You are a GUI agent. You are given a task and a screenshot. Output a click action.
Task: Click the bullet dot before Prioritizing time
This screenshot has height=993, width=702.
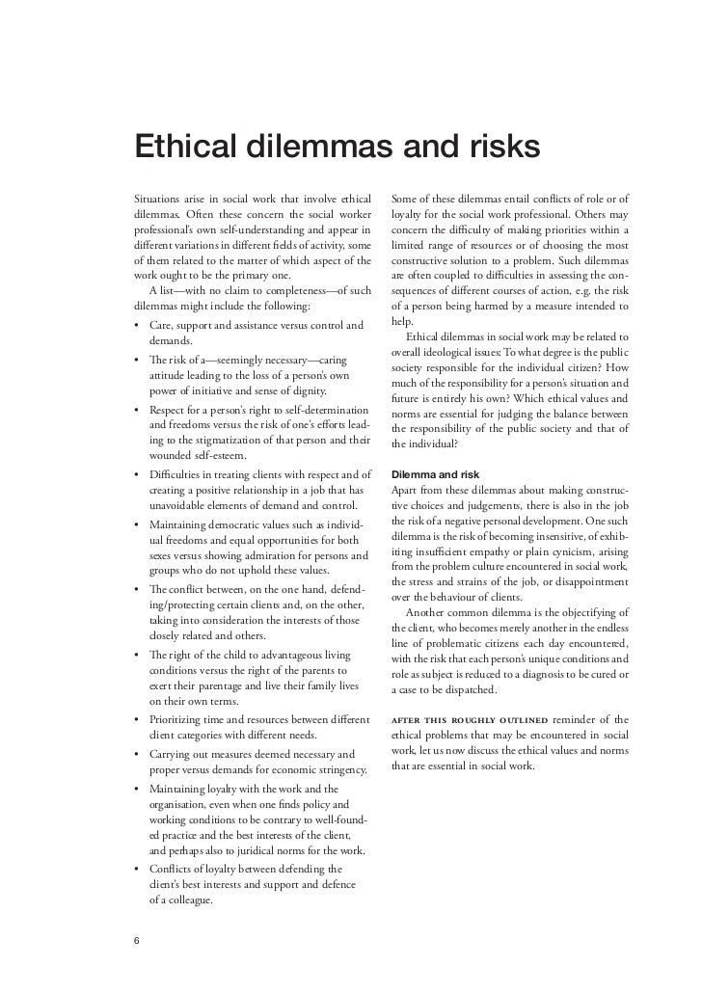(138, 720)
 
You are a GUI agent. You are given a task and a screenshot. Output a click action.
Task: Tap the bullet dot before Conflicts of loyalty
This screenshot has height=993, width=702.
(138, 869)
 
